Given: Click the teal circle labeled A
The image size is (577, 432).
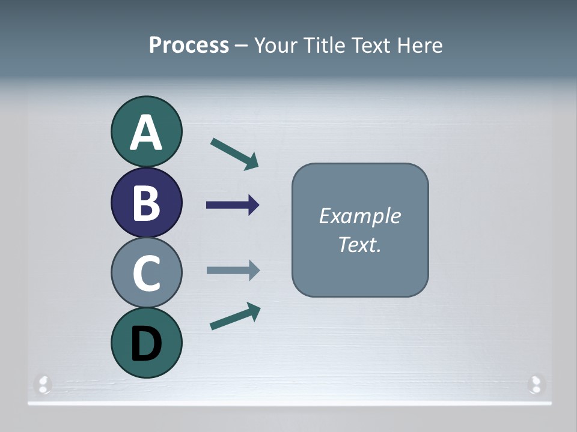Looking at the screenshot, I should click(146, 131).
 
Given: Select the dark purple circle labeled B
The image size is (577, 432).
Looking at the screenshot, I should click(146, 202).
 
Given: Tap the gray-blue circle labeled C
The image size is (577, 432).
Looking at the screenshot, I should click(146, 272).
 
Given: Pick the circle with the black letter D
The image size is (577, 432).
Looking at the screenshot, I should click(146, 343).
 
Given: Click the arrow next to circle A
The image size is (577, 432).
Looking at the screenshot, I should click(234, 154).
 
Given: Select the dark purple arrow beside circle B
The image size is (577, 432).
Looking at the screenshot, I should click(233, 205).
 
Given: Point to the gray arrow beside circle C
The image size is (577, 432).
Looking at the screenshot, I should click(233, 270).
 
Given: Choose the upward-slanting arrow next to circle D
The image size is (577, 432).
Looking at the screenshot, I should click(235, 316).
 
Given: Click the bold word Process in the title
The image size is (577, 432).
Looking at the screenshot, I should click(189, 45).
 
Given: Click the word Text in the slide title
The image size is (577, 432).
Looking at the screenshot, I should click(372, 45).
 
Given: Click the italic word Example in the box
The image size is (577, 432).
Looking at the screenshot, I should click(359, 215).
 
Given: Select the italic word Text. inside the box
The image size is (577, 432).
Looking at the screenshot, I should click(359, 244).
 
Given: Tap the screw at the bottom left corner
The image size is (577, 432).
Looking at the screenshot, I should click(43, 384).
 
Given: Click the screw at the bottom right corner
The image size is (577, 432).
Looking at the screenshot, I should click(535, 384).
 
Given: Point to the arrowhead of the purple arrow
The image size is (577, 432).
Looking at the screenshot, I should click(254, 205).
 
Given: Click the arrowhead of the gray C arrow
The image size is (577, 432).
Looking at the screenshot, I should click(254, 270).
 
